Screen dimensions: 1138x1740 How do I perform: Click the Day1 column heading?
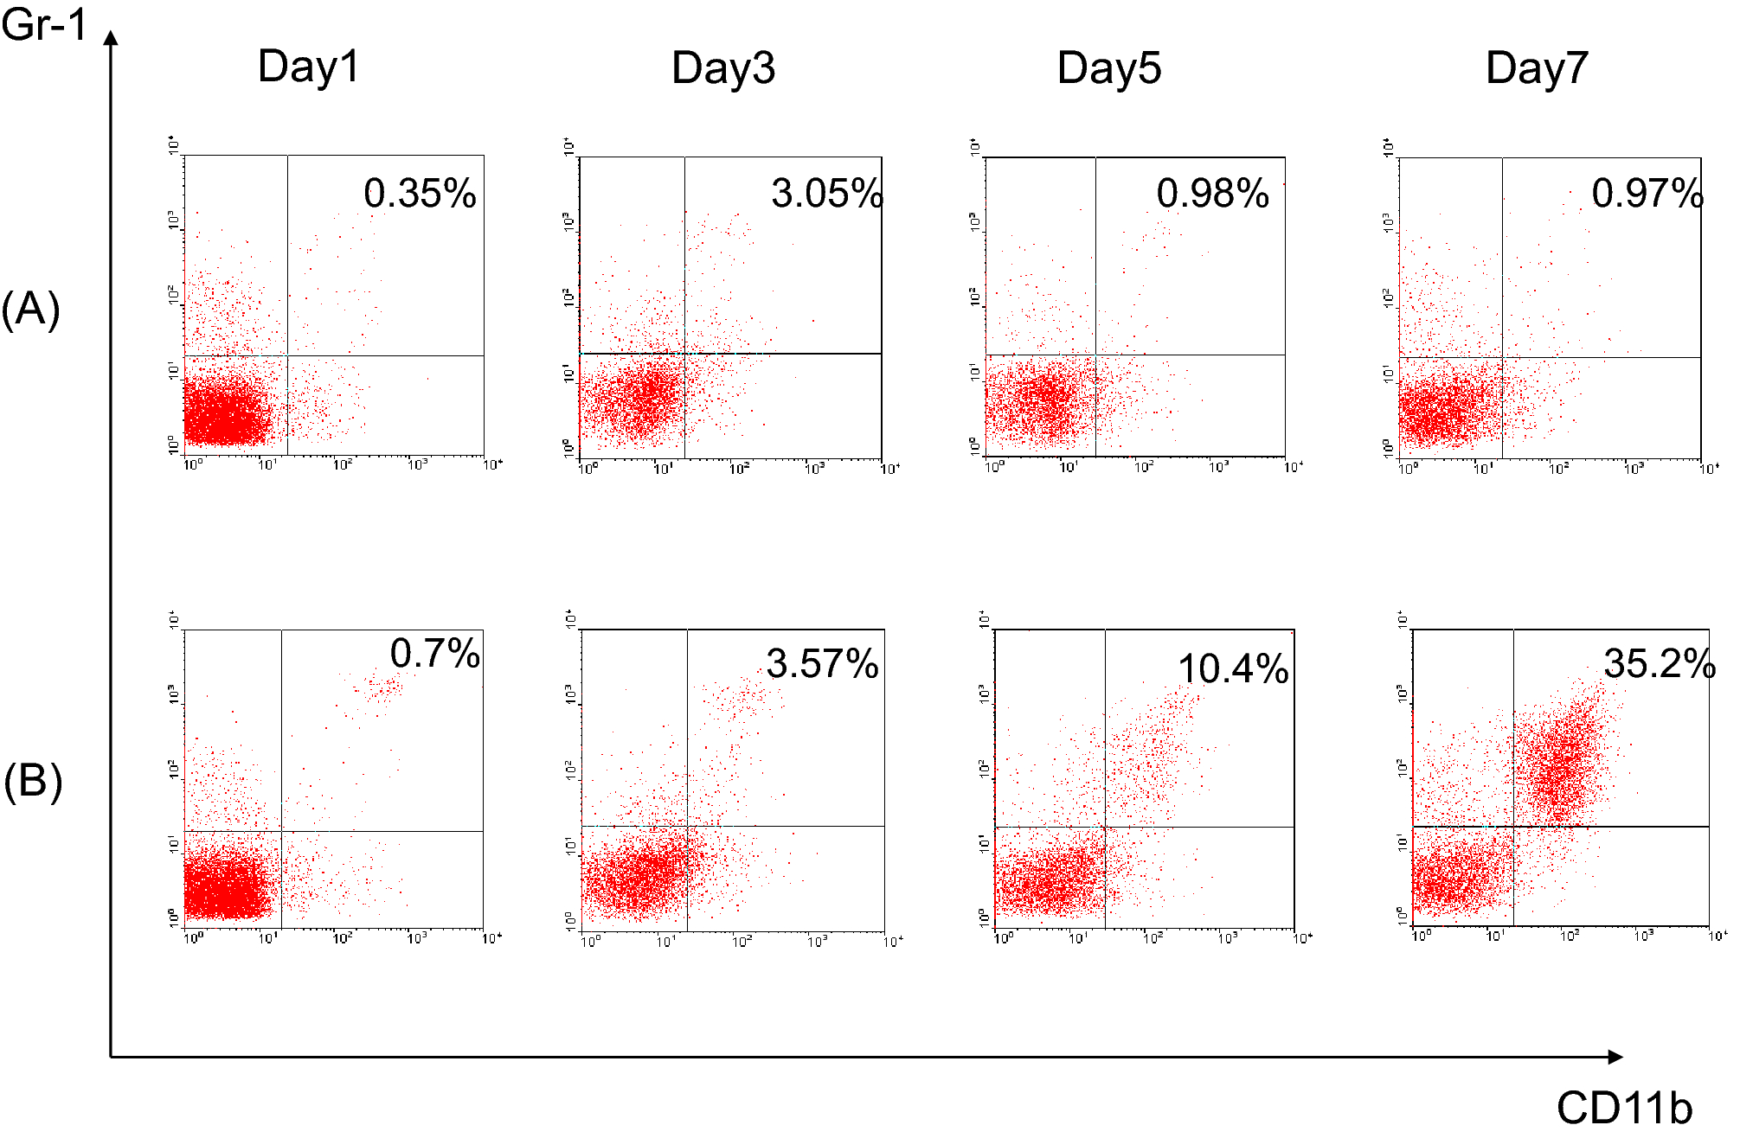308,67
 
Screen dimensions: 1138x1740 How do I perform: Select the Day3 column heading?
723,68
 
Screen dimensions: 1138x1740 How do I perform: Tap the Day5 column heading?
1109,68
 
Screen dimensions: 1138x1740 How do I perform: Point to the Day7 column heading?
1537,68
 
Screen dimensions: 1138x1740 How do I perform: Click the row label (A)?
31,310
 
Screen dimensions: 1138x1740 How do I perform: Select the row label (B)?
33,782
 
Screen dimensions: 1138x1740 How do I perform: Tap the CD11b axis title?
1624,1108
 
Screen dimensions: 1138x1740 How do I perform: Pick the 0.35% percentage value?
420,193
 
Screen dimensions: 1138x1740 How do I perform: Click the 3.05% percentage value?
826,193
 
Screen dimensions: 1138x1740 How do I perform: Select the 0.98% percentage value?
1212,193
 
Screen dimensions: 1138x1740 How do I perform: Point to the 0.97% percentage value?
1647,193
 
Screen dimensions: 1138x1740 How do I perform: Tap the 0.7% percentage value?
434,653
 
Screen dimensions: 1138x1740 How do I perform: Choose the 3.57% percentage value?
822,664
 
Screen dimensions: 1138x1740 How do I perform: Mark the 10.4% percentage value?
1233,668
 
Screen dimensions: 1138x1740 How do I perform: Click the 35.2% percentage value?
1659,664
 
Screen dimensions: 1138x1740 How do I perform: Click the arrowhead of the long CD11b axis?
1615,1057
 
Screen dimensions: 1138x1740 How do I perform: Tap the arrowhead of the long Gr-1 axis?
111,38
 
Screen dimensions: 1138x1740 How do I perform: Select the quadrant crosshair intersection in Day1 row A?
287,355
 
